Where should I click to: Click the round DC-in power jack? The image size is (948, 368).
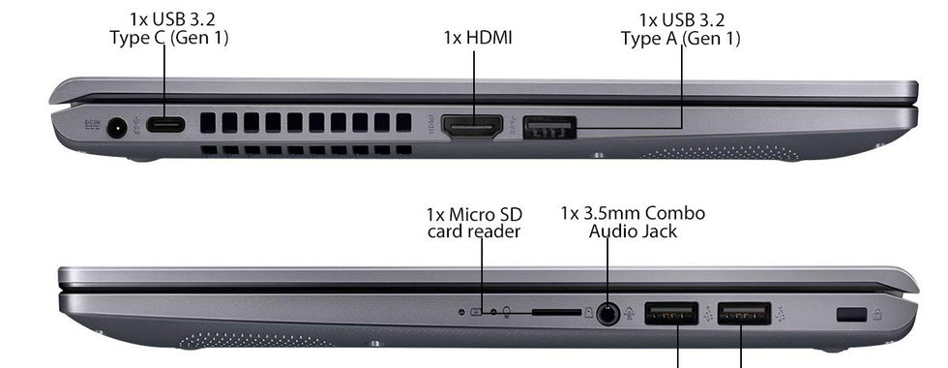pos(116,128)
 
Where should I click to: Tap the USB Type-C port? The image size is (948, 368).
pos(165,125)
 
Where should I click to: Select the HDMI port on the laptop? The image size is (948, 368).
pos(472,126)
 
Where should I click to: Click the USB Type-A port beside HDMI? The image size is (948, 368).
pos(549,128)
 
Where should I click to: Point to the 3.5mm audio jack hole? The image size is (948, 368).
pos(607,314)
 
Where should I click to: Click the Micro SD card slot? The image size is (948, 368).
pos(556,313)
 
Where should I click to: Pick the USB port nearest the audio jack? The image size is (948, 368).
pos(671,313)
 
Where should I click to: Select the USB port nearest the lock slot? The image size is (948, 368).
pos(744,314)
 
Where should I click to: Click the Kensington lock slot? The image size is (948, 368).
pos(851,315)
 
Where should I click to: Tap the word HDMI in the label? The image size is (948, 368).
pos(489,38)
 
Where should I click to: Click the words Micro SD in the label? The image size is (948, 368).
pos(486,215)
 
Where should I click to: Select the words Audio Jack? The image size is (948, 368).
pos(633,231)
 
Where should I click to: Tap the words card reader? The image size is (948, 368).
pos(473,231)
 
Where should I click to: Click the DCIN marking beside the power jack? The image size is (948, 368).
pos(92,125)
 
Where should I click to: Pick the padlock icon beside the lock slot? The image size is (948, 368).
pos(878,314)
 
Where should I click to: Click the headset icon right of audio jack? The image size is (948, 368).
pos(630,314)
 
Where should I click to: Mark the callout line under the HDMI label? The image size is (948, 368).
pos(473,83)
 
